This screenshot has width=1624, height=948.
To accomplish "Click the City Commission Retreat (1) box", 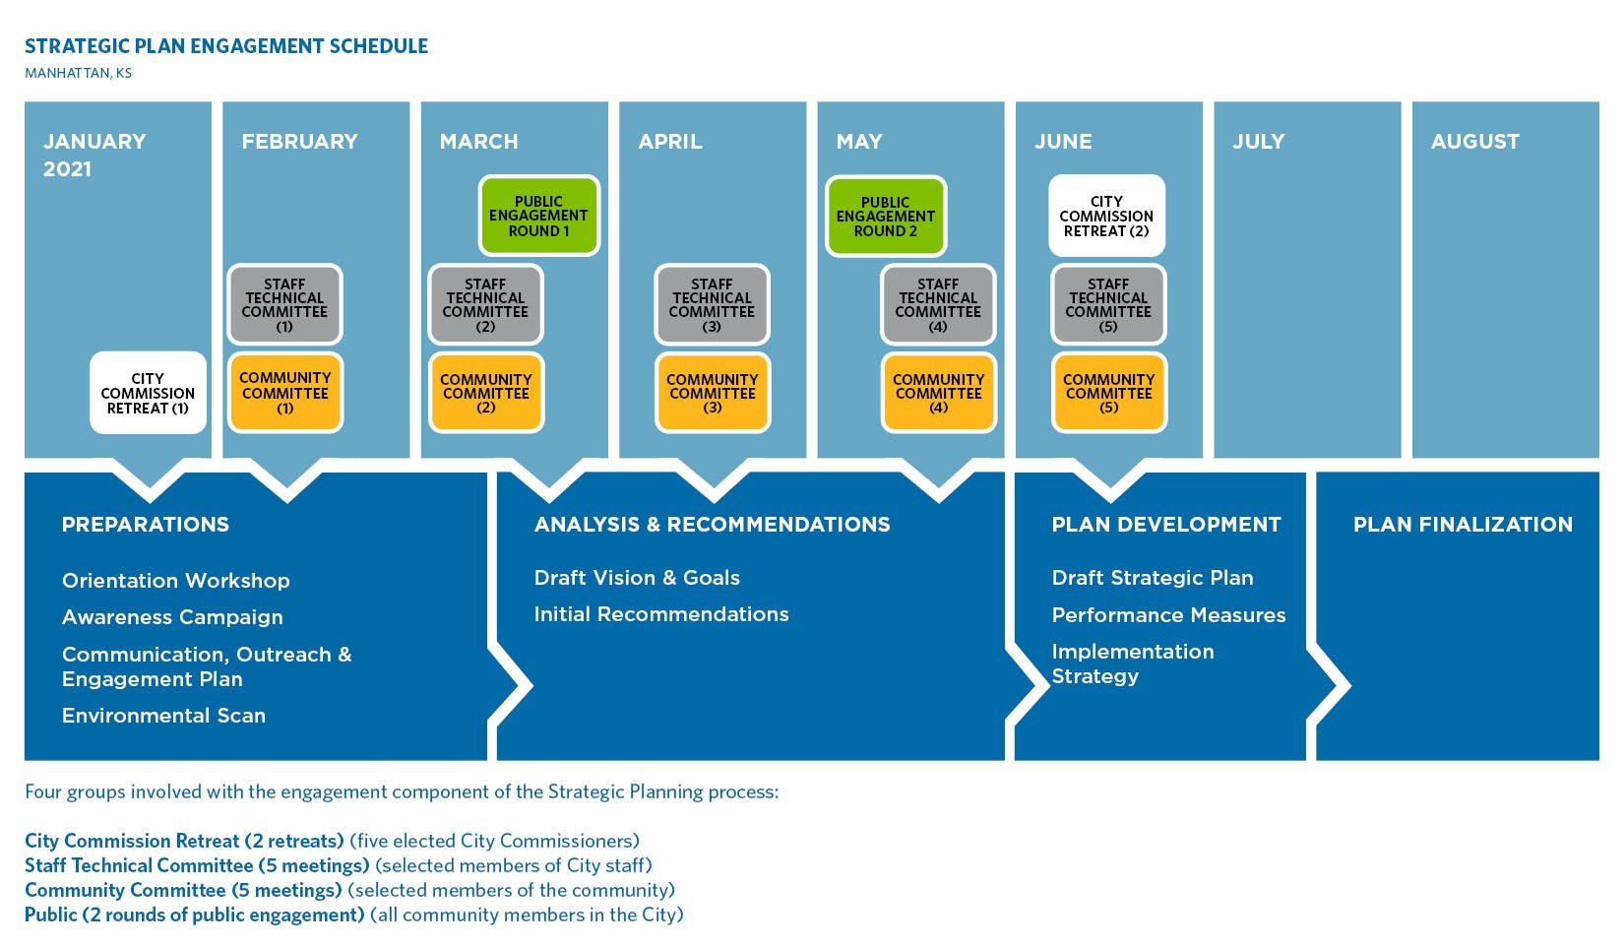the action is coord(148,393).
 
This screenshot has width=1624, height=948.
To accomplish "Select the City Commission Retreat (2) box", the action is coord(1106,216).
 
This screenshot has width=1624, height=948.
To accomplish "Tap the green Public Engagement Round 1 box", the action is coord(538,216).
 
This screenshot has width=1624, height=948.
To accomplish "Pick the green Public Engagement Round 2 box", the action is coord(885,217).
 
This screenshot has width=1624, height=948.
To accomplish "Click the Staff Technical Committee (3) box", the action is coord(712,304).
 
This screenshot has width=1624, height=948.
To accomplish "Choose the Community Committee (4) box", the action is coord(939,393).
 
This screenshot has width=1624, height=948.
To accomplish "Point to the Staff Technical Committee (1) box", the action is coord(284,304).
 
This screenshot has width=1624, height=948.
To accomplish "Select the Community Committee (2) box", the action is coord(486,393).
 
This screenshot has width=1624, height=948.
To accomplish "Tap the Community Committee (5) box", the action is coord(1108,393).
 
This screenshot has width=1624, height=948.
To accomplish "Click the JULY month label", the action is coord(1258,142).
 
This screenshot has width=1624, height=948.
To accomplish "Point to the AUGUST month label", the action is coord(1474,142).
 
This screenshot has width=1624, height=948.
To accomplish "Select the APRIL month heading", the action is coord(670,142).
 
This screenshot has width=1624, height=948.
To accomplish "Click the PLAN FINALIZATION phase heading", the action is coord(1463,525).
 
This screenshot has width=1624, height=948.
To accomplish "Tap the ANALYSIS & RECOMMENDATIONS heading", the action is coord(712,525).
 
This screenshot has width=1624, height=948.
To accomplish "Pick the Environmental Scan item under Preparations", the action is coord(163,716).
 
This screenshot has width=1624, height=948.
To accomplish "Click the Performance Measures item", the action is coord(1168,615).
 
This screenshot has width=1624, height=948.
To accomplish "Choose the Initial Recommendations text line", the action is coord(661,614).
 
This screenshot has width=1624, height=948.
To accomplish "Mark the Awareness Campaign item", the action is coord(172,617).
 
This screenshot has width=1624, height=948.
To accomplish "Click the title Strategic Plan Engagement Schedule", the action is coord(226,46).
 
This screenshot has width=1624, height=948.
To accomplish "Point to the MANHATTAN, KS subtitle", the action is coord(79,73).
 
